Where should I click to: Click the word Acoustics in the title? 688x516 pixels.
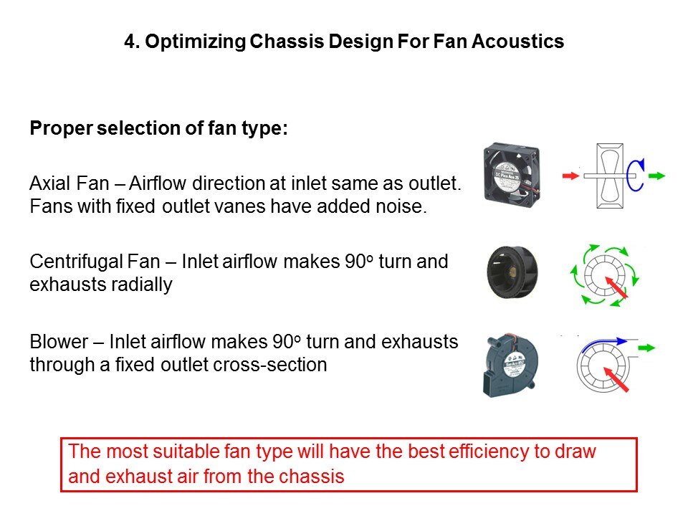[x=517, y=42]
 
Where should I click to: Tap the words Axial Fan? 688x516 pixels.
[x=70, y=183]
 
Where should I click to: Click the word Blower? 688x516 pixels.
[x=59, y=342]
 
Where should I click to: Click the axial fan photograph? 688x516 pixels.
[x=512, y=175]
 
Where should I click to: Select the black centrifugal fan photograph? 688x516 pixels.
[x=512, y=272]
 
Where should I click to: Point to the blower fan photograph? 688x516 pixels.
[x=510, y=365]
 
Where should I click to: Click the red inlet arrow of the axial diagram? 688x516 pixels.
[x=571, y=176]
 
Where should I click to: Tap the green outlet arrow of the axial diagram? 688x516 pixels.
[x=657, y=176]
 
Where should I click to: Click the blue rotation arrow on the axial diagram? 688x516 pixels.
[x=636, y=175]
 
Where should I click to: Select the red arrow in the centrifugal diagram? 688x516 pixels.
[x=616, y=287]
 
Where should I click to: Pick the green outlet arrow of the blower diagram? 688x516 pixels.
[x=646, y=348]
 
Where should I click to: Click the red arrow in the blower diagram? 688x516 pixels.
[x=616, y=380]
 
